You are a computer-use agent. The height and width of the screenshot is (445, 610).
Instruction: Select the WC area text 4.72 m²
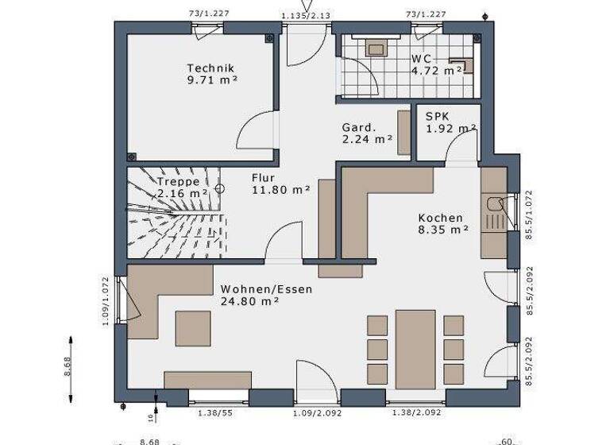pyautogui.click(x=437, y=71)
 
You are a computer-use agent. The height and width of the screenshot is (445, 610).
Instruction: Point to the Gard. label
pyautogui.click(x=358, y=127)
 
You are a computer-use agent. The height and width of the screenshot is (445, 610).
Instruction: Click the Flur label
pyautogui.click(x=264, y=178)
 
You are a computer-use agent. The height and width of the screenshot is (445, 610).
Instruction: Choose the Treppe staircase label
pyautogui.click(x=178, y=181)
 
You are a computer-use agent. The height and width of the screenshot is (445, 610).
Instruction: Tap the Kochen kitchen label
pyautogui.click(x=441, y=218)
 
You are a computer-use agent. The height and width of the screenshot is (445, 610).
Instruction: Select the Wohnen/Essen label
pyautogui.click(x=266, y=289)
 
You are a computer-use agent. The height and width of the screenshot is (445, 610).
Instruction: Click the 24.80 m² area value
pyautogui.click(x=249, y=301)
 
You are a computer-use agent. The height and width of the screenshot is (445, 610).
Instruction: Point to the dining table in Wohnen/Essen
pyautogui.click(x=415, y=349)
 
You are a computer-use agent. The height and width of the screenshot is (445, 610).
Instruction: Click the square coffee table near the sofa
pyautogui.click(x=193, y=329)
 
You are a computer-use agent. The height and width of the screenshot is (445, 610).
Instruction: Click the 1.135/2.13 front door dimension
pyautogui.click(x=306, y=14)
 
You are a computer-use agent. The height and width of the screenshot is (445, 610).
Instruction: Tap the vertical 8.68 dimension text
pyautogui.click(x=68, y=366)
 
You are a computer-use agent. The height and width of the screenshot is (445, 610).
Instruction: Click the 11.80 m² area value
pyautogui.click(x=280, y=190)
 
